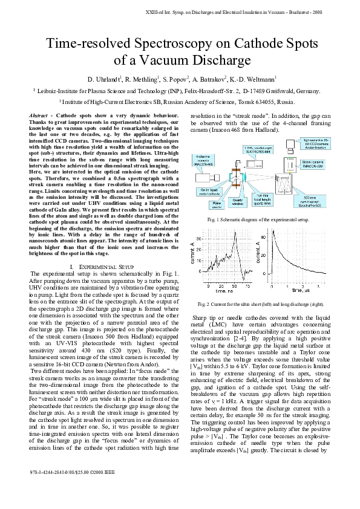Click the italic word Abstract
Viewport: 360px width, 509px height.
(40, 115)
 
